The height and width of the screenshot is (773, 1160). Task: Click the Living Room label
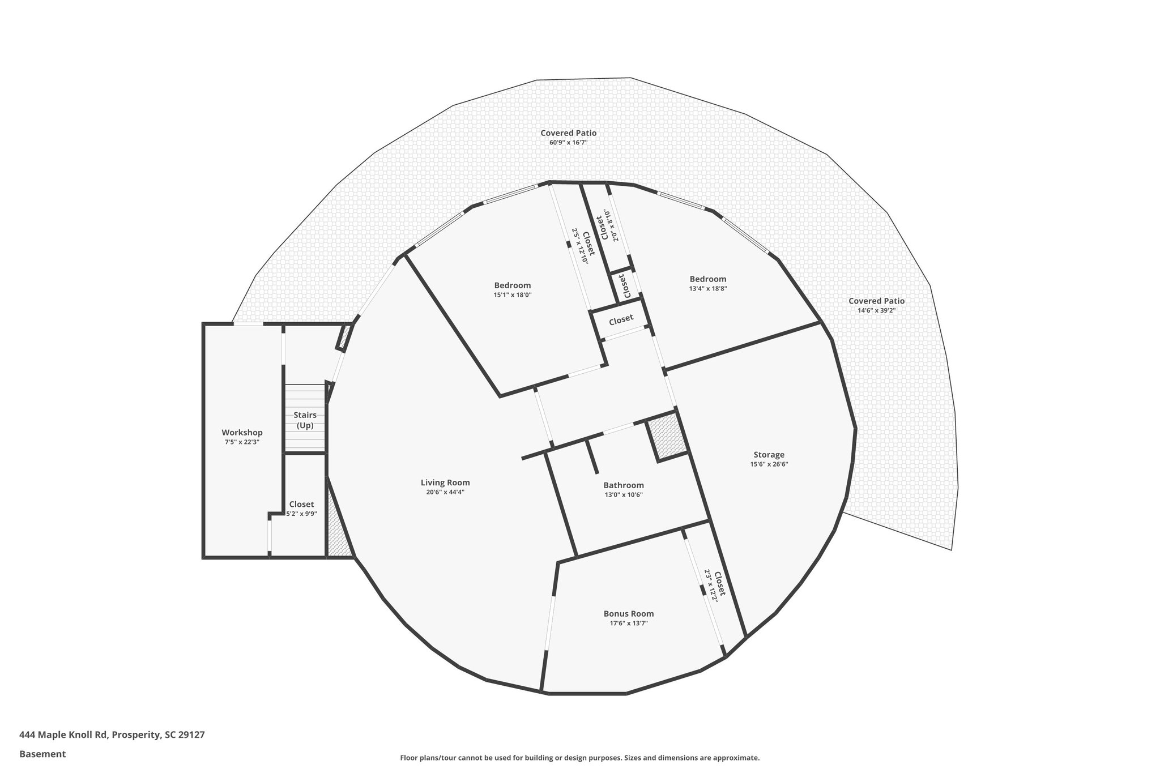coord(445,482)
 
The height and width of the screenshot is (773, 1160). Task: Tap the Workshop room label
coord(242,432)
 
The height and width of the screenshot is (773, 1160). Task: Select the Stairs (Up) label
coord(305,420)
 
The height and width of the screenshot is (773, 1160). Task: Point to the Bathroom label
coord(623,485)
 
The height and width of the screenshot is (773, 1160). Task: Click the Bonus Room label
coord(628,613)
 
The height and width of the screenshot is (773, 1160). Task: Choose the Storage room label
coord(769,454)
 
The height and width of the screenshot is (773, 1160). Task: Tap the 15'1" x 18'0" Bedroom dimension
coord(512,294)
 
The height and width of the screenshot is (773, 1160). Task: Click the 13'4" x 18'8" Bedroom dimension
coord(707,288)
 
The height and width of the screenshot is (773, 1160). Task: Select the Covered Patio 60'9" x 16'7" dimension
coord(568,143)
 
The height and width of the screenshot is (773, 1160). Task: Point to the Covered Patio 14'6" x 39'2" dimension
coord(876,310)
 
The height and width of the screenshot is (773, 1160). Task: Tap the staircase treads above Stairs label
coord(305,396)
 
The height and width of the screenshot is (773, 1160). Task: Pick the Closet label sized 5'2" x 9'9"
coord(301,504)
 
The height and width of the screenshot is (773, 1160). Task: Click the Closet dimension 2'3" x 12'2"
coord(710,586)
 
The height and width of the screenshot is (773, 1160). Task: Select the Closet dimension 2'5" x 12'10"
coord(579,247)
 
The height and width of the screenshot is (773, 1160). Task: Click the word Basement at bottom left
coord(42,754)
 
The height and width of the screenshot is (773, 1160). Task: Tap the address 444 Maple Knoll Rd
coord(112,735)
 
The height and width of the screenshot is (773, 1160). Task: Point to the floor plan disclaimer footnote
coord(579,758)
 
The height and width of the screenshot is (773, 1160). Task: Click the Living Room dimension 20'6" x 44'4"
coord(445,492)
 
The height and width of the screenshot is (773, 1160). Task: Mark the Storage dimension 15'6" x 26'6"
coord(769,464)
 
